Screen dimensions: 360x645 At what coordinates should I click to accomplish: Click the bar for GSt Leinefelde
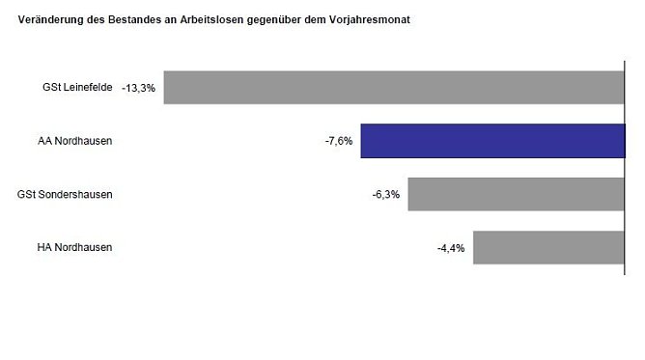[x=394, y=87]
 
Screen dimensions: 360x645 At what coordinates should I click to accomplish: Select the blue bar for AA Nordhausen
[x=492, y=141]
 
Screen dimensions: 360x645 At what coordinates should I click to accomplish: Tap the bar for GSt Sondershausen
[x=516, y=194]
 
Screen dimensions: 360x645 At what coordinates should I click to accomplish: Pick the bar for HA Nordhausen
[x=548, y=247]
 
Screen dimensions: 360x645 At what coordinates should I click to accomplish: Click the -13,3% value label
[x=138, y=88]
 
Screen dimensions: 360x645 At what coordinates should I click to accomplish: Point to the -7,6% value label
[x=339, y=141]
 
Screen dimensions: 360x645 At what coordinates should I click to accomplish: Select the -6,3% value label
[x=386, y=194]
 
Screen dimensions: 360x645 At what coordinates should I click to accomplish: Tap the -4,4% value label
[x=451, y=248]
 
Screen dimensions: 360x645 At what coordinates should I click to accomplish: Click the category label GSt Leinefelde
[x=77, y=87]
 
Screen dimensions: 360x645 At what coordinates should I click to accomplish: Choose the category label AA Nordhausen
[x=75, y=141]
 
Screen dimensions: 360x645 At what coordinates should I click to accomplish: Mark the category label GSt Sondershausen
[x=66, y=194]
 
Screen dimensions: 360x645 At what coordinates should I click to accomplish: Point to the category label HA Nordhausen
[x=75, y=247]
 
